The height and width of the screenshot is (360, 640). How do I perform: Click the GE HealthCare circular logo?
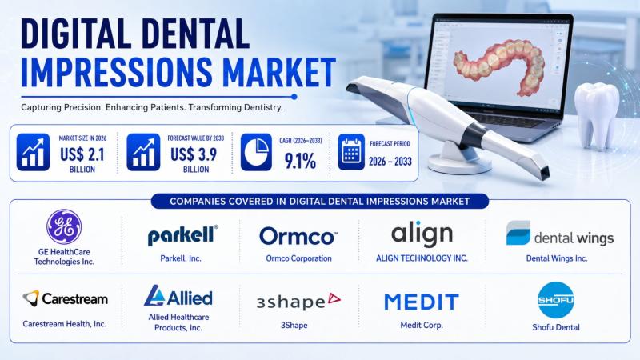click(64, 227)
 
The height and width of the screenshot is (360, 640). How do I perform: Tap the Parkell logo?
click(182, 235)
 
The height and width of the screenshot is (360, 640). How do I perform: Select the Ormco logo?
click(298, 236)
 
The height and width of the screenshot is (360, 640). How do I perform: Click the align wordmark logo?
click(422, 234)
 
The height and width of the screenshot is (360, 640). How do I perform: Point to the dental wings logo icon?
click(518, 233)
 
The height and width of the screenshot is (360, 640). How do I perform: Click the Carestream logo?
click(66, 298)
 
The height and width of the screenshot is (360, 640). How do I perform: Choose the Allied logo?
click(178, 296)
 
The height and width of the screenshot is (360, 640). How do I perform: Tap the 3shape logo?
click(298, 302)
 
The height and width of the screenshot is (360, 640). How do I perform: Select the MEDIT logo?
click(422, 302)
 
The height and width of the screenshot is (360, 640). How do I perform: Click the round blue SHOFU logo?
click(556, 300)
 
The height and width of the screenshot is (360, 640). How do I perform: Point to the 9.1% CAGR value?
click(300, 162)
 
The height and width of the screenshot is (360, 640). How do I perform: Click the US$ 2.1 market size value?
click(82, 154)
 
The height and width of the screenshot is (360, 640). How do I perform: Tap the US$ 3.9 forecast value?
click(194, 154)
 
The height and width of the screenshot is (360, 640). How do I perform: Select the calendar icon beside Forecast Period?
click(351, 152)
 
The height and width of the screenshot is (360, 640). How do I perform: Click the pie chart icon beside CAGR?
click(256, 152)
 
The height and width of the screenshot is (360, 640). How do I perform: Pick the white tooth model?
click(596, 114)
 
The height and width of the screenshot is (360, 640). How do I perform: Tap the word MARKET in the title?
click(279, 72)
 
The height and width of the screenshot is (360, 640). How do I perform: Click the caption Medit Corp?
click(422, 326)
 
